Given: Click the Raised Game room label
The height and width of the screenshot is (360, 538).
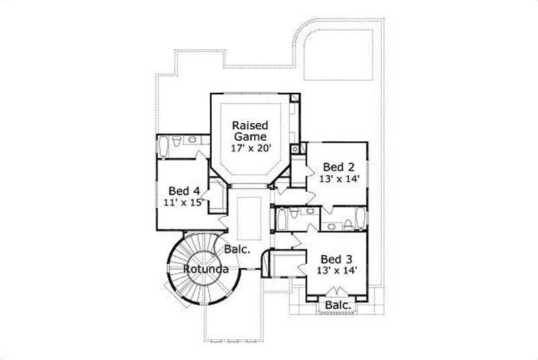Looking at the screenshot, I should click(x=250, y=131).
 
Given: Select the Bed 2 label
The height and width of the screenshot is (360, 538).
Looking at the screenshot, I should click(x=338, y=167).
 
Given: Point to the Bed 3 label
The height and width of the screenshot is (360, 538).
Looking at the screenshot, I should click(x=336, y=258).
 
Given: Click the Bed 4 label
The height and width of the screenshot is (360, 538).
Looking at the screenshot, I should click(x=183, y=190).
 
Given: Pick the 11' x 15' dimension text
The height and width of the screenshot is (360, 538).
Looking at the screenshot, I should click(x=182, y=202).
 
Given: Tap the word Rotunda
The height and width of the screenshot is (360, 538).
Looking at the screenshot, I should click(x=206, y=269).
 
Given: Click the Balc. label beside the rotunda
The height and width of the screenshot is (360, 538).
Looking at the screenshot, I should click(x=237, y=249).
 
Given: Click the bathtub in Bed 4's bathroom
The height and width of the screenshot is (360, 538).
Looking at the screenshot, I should click(x=163, y=145).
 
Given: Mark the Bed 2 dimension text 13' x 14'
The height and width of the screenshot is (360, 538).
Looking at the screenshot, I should click(x=340, y=179).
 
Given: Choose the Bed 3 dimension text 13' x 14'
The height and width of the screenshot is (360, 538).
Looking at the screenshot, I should click(x=336, y=271).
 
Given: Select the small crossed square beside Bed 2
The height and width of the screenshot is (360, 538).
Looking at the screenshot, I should click(x=294, y=149).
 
